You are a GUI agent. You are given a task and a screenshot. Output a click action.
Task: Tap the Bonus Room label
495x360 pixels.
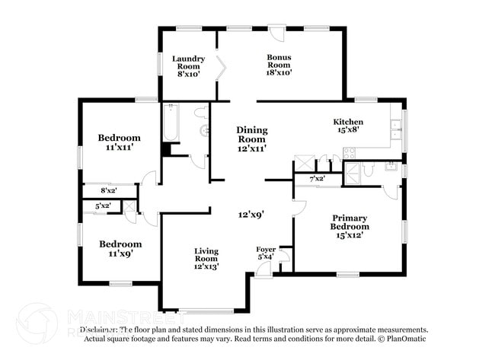tap(279, 65)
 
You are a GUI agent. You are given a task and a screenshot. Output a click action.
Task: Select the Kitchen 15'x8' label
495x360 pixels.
tap(348, 126)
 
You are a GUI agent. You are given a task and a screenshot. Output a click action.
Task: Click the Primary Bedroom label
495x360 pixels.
tap(350, 226)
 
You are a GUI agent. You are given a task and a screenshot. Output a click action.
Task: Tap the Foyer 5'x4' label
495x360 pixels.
tap(266, 253)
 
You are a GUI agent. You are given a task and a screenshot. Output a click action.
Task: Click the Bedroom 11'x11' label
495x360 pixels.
tap(119, 143)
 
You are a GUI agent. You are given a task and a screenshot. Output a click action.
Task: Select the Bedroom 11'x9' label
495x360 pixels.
tap(119, 249)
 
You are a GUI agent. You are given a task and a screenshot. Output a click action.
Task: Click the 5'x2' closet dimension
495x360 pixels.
tap(102, 206)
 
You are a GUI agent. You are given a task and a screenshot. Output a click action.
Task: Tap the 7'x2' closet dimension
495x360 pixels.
tap(317, 179)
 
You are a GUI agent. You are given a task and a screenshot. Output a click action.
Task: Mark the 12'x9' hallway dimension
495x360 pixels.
tap(251, 215)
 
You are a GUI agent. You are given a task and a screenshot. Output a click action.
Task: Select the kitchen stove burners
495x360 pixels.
tap(349, 152)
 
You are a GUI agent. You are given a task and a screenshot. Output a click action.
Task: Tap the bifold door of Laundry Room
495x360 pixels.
tap(221, 68)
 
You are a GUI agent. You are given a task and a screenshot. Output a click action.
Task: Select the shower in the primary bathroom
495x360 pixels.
tap(352, 175)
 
